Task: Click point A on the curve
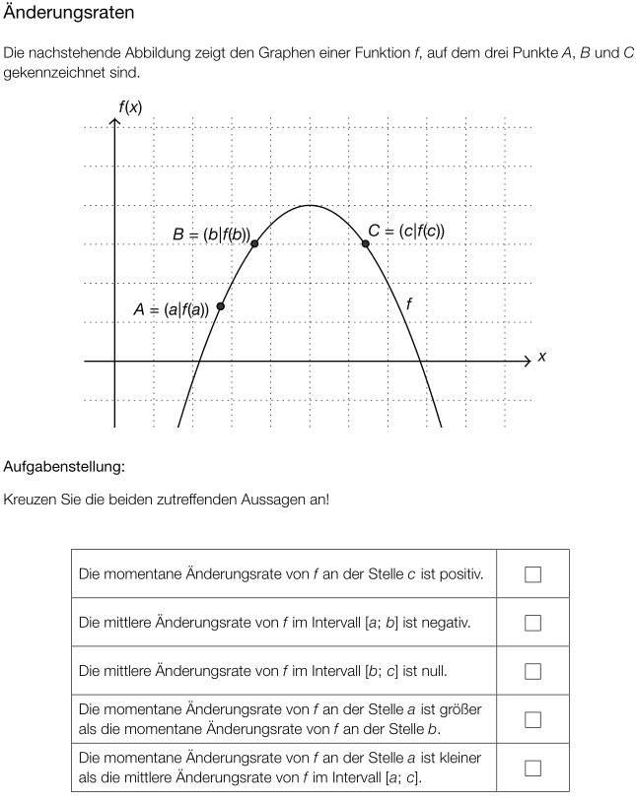coord(220,306)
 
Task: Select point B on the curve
coord(254,243)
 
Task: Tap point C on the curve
coord(366,242)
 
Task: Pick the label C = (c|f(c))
coord(406,231)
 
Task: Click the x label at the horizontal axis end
coord(541,358)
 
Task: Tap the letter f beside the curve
coord(409,305)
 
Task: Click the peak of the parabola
coord(310,205)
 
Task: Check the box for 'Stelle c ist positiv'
coord(533,574)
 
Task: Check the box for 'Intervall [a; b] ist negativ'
coord(533,623)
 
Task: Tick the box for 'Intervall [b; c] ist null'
coord(533,671)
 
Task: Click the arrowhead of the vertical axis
coord(114,123)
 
